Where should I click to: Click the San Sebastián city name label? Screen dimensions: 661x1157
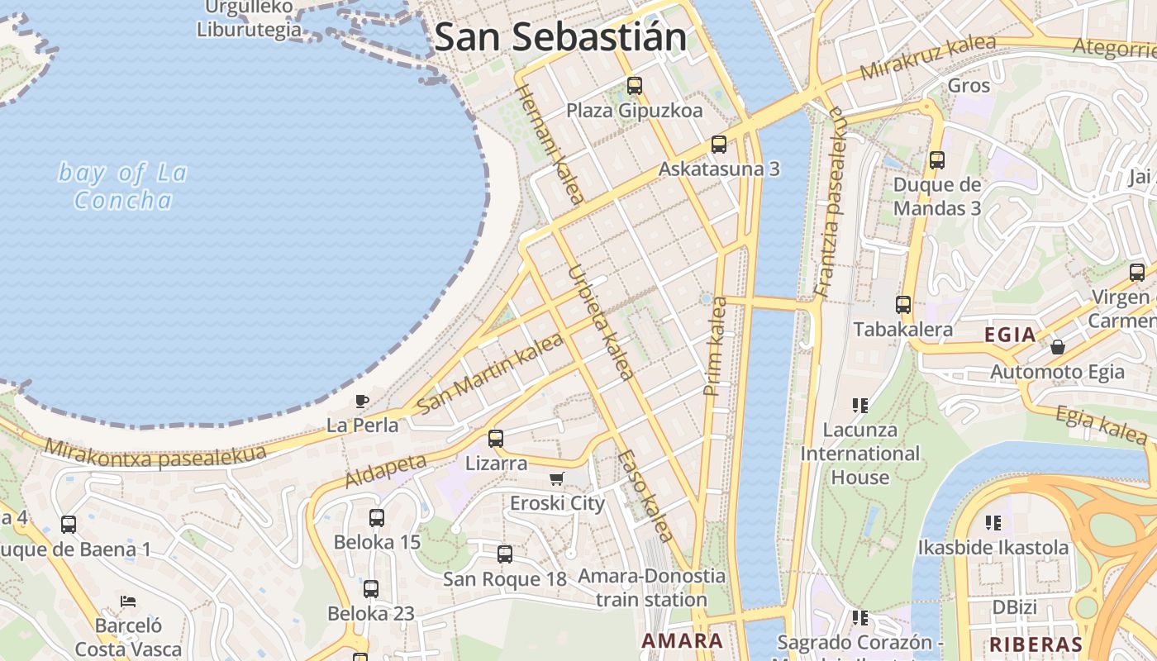coord(560,37)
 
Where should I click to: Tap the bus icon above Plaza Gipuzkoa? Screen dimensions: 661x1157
coord(635,85)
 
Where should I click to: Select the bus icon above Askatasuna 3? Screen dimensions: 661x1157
coord(719,145)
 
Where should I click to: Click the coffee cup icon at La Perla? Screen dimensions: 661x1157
coord(362,402)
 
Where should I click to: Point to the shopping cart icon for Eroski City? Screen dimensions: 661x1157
coord(557,479)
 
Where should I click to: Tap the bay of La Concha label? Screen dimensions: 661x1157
coord(123,186)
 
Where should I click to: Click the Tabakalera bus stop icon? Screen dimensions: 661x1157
coord(903,305)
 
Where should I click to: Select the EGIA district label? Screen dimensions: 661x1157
coord(1010,335)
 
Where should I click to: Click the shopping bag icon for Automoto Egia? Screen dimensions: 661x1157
coord(1058,347)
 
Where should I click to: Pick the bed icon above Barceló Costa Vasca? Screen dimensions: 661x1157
coord(127,601)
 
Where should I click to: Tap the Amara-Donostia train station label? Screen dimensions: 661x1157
coord(651,587)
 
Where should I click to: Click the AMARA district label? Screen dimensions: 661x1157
coord(683,640)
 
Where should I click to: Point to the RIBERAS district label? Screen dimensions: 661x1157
coord(1036,644)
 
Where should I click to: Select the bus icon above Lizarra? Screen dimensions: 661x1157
coord(496,439)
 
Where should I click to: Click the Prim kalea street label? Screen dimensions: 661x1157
coord(715,346)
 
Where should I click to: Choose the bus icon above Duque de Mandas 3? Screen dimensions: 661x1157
coord(937,160)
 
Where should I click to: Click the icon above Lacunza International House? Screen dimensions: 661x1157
coord(860,406)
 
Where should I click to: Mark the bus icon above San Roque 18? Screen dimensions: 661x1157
coord(505,554)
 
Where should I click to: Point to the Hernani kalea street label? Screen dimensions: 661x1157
coord(550,142)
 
